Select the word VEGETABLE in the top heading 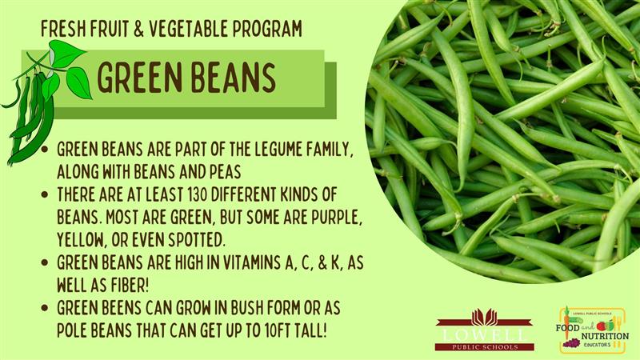pyautogui.click(x=188, y=29)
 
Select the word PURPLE pyautogui.click(x=337, y=218)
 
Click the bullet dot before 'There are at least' pyautogui.click(x=45, y=194)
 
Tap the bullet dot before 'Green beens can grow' pyautogui.click(x=45, y=309)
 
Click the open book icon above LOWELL pyautogui.click(x=485, y=317)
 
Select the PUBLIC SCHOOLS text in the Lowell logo pyautogui.click(x=485, y=347)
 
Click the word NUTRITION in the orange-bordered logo pyautogui.click(x=605, y=336)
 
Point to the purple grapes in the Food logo pyautogui.click(x=571, y=343)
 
